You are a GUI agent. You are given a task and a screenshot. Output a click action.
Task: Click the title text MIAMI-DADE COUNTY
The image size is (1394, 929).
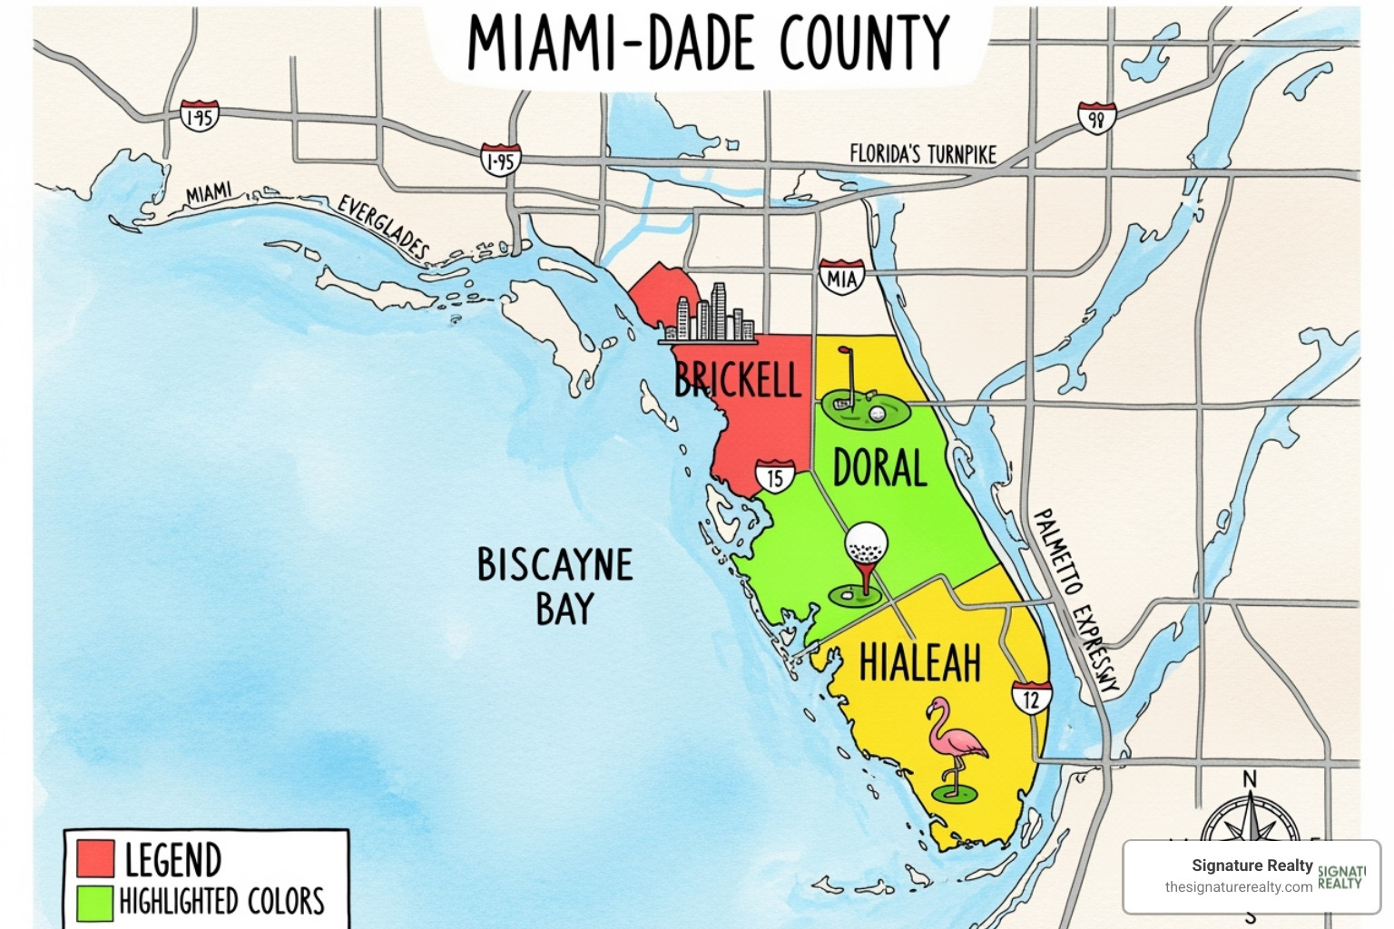[x=707, y=43]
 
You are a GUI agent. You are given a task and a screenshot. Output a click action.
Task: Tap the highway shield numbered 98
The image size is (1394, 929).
[x=1096, y=118]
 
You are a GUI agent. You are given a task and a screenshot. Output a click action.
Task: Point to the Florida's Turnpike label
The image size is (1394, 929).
[x=922, y=154]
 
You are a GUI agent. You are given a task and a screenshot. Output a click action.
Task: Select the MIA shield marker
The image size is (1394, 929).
[x=841, y=277]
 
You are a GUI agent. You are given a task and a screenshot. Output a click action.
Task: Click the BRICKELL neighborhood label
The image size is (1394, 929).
[x=737, y=379]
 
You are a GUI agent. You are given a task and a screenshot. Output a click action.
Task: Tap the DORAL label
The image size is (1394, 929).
[x=879, y=468]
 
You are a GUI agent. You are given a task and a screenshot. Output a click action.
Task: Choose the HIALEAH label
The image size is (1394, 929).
[x=919, y=662]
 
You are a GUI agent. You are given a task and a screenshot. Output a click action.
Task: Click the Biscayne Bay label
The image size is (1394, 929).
[x=555, y=586]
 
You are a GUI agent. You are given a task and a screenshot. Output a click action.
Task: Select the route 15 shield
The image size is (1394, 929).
[x=774, y=476]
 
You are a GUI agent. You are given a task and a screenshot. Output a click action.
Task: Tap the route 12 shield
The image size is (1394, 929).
[x=1031, y=698]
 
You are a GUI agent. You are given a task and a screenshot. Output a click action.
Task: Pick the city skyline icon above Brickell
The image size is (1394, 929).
[x=707, y=315]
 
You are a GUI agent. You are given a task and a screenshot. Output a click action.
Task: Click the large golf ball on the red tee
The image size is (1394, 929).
[x=866, y=544]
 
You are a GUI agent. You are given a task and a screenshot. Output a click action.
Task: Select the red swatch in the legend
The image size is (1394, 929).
[x=95, y=858]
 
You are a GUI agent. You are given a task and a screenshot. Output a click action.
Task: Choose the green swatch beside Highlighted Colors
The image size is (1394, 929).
[x=95, y=902]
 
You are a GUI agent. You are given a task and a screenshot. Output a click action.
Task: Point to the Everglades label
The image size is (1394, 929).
[x=382, y=225]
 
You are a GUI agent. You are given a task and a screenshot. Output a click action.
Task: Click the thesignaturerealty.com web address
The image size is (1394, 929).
[x=1238, y=887]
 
